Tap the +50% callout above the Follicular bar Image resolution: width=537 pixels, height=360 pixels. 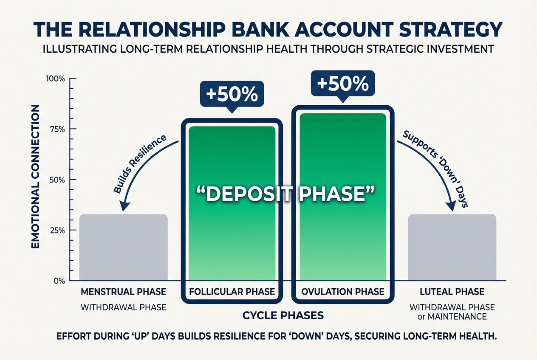[x=232, y=94]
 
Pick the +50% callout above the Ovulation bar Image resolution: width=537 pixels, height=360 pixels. [x=342, y=84]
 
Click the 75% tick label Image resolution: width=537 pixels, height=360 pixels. [x=57, y=129]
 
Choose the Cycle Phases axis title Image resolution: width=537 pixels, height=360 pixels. [x=283, y=315]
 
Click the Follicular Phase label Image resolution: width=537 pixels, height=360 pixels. [x=232, y=292]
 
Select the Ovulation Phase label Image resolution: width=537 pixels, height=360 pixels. [x=342, y=292]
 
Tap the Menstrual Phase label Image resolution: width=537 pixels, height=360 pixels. [x=124, y=292]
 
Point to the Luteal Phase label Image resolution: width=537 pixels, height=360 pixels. [x=452, y=292]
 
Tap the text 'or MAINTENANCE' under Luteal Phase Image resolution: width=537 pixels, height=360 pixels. [x=452, y=317]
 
